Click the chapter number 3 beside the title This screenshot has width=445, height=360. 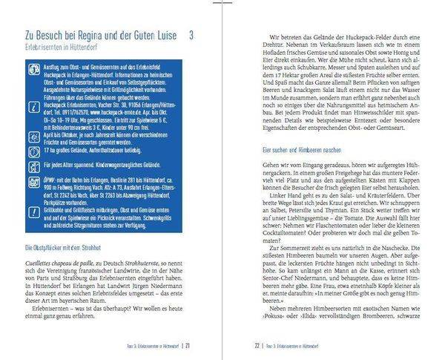191,35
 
